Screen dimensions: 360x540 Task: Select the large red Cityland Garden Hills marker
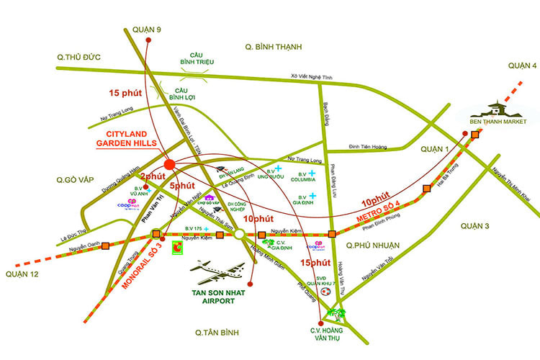pos(169,164)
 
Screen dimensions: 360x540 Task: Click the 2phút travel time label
pos(153,177)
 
